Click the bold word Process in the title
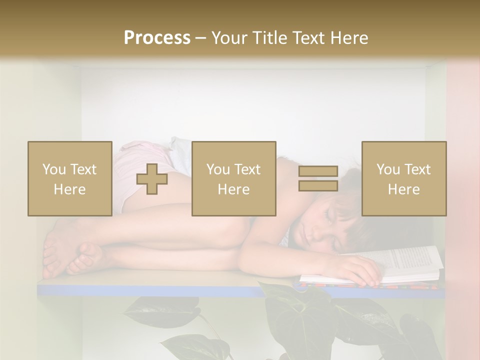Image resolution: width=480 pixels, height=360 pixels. point(157,38)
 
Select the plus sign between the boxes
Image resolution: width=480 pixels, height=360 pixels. point(152,178)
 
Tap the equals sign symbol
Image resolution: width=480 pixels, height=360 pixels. point(318,178)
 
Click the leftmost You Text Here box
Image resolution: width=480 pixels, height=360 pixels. point(70,178)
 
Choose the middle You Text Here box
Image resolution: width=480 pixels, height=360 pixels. point(233,178)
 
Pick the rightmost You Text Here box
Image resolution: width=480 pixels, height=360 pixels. point(403,178)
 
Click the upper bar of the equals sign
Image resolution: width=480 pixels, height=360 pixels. point(318,171)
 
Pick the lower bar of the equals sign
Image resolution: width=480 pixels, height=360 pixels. point(318,185)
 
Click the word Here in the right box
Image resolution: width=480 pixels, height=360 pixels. point(403,189)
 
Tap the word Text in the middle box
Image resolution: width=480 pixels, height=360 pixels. point(247,169)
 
